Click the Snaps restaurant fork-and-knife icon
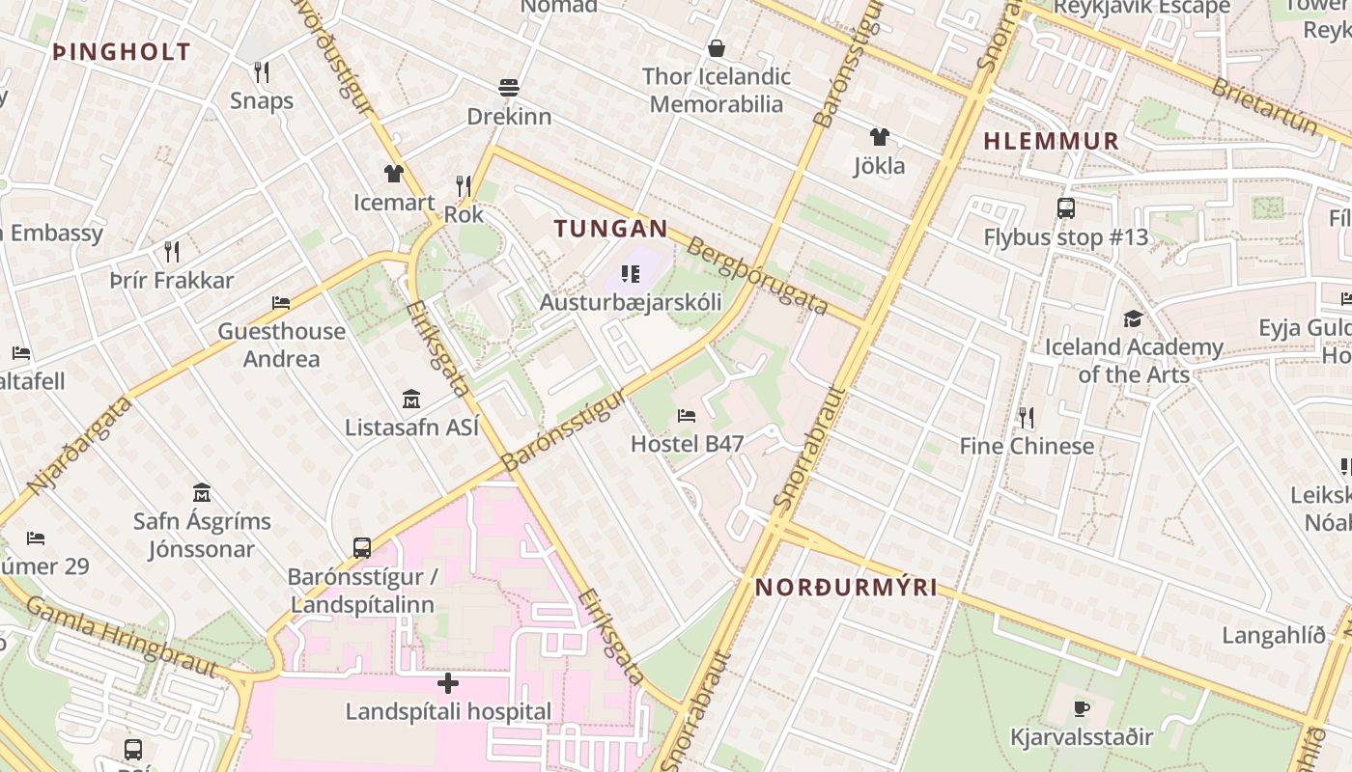(261, 71)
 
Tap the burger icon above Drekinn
(509, 88)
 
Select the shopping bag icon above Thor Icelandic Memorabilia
(717, 48)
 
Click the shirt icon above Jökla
(879, 137)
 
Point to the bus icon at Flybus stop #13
(1066, 208)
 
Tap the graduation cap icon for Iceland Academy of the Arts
(1133, 318)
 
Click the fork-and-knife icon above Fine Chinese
(1026, 418)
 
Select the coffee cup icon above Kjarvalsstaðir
(1082, 709)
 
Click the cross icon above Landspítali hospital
(448, 684)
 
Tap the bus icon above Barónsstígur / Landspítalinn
(362, 548)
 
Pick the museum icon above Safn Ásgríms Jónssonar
(202, 492)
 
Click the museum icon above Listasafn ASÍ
(411, 399)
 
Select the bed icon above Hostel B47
(687, 416)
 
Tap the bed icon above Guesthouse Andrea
(281, 303)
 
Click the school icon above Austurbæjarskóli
(631, 275)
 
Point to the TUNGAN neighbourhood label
(610, 229)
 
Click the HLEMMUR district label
(1051, 141)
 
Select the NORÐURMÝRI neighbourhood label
(846, 587)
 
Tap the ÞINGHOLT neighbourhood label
(122, 52)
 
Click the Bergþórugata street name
(757, 275)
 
